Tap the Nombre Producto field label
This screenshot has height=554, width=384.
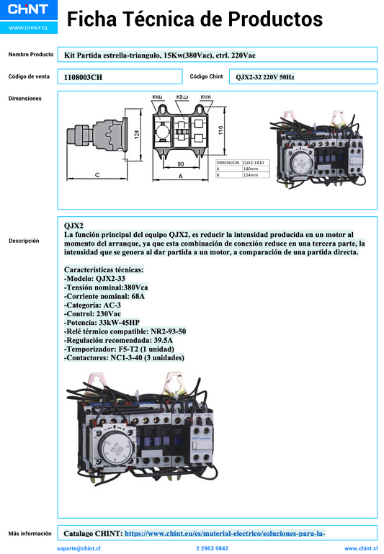(x=31, y=54)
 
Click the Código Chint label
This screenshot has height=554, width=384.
(x=206, y=76)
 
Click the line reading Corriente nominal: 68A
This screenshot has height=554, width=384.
(x=104, y=296)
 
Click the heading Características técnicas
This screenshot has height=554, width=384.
(x=104, y=269)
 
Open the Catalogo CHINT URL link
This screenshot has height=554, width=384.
(x=225, y=534)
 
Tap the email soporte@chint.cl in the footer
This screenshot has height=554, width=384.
(x=79, y=548)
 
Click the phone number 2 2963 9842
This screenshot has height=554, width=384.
(x=212, y=548)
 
